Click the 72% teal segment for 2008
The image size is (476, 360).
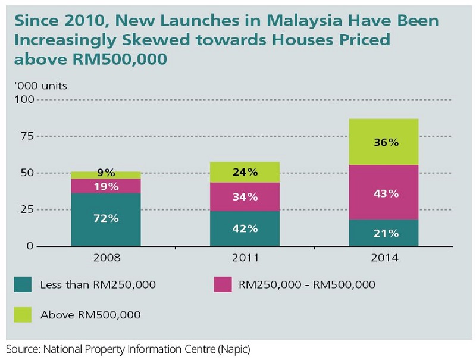click(x=106, y=219)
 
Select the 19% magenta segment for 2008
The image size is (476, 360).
click(x=106, y=186)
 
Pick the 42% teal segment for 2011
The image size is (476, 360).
click(x=245, y=228)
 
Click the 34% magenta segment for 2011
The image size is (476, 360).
click(x=245, y=196)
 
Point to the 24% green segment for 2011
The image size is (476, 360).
click(x=245, y=172)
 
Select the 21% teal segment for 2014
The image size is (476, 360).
click(x=384, y=233)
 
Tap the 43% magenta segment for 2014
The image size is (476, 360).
click(x=384, y=193)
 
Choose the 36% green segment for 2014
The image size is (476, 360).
click(x=384, y=142)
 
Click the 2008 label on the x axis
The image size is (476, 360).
click(x=106, y=259)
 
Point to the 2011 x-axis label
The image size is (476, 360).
click(x=245, y=259)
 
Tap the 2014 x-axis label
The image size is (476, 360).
click(x=384, y=259)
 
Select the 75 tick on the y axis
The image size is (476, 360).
click(x=27, y=136)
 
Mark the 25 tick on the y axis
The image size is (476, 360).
click(x=27, y=209)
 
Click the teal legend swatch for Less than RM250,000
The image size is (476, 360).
click(x=23, y=284)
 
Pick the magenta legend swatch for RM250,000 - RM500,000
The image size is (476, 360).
click(x=222, y=284)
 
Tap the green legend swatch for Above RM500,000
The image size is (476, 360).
click(x=23, y=314)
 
